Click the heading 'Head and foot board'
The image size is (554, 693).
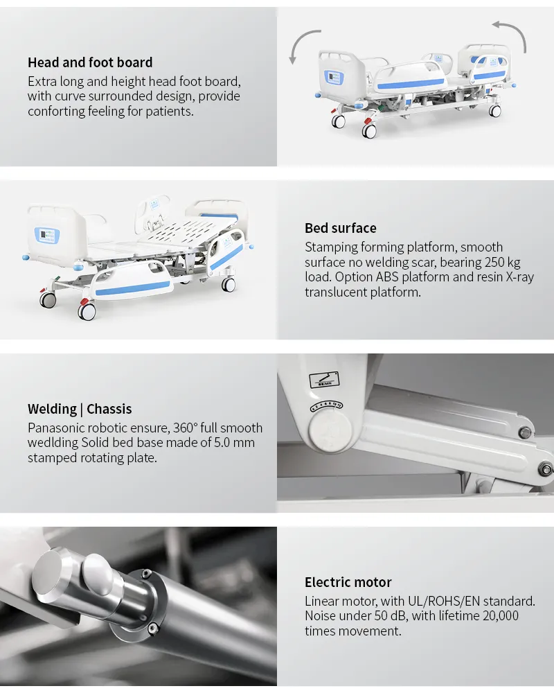coord(90,62)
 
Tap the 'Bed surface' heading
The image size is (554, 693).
coord(341,228)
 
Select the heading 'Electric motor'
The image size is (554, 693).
coord(348,582)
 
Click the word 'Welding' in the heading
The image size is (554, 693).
coord(52,410)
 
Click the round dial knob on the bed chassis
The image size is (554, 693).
coord(330,428)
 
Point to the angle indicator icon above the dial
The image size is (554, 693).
coord(324,380)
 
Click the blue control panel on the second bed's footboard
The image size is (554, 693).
coord(47,234)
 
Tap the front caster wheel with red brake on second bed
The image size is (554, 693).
coord(87,310)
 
